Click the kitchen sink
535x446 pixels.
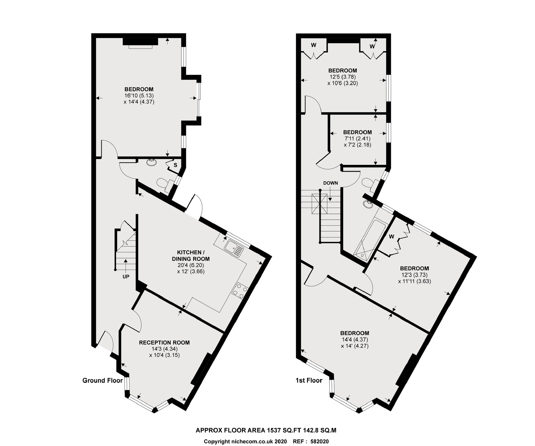pos(234,248)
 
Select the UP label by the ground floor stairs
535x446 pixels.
pos(126,277)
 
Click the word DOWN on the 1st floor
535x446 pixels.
pos(331,183)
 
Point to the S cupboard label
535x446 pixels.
pos(175,165)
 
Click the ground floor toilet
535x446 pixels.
pos(164,183)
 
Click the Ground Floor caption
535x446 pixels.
pos(103,380)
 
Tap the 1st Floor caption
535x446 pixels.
pos(309,380)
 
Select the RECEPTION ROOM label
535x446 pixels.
pos(164,343)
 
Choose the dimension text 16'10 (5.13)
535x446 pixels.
pos(139,96)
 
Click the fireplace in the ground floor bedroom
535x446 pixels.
pos(141,43)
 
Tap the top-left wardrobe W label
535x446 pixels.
pos(314,45)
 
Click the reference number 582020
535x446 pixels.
pos(319,441)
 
